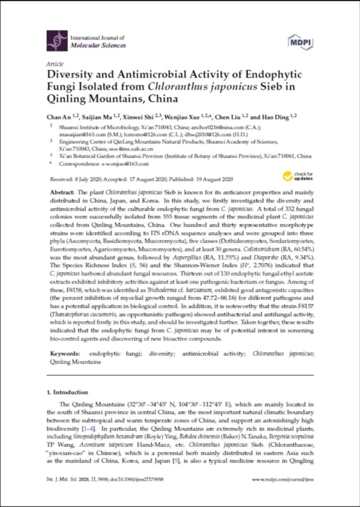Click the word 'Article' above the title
[53, 63]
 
